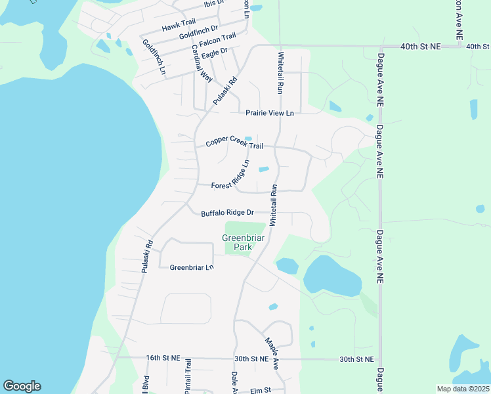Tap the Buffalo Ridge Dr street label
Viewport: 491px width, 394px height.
pos(227,213)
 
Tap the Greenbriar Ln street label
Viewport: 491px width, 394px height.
pos(192,267)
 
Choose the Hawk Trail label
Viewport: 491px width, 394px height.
pos(179,26)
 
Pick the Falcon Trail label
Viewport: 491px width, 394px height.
pos(219,41)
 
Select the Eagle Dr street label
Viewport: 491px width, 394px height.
pos(215,53)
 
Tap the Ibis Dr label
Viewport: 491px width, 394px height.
pos(214,4)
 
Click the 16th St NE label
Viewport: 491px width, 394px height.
pos(163,358)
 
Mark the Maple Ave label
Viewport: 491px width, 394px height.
pos(272,353)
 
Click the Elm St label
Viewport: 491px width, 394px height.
pos(261,391)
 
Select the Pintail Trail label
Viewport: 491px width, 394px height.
pos(188,376)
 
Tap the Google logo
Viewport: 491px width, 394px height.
pos(22,386)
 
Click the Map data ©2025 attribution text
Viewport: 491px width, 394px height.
pos(463,389)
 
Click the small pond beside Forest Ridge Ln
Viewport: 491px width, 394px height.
pos(264,169)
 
